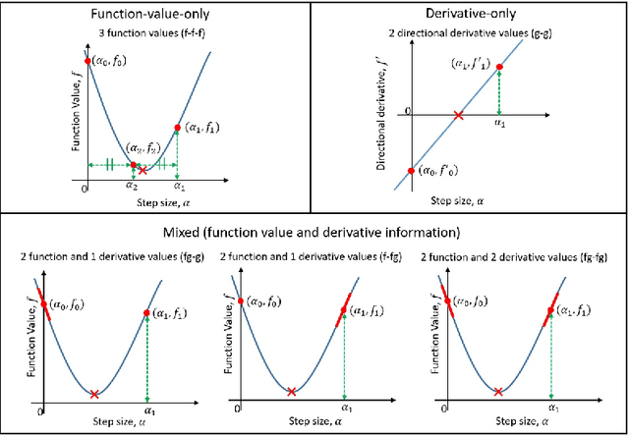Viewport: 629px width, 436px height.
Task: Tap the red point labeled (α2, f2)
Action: click(134, 166)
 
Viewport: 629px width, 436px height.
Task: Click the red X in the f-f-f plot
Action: click(143, 170)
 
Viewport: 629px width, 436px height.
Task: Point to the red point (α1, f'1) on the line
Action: click(499, 68)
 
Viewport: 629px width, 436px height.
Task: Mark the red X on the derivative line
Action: click(458, 115)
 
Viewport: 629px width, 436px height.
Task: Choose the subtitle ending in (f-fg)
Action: click(307, 257)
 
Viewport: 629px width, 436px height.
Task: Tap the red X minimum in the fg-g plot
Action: click(93, 394)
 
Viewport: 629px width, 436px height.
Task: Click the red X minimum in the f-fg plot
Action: click(291, 393)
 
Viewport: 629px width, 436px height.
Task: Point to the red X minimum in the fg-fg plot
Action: click(498, 393)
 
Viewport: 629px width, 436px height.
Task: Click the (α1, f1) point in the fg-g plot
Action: click(145, 314)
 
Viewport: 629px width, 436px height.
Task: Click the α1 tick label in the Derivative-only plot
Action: click(498, 124)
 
